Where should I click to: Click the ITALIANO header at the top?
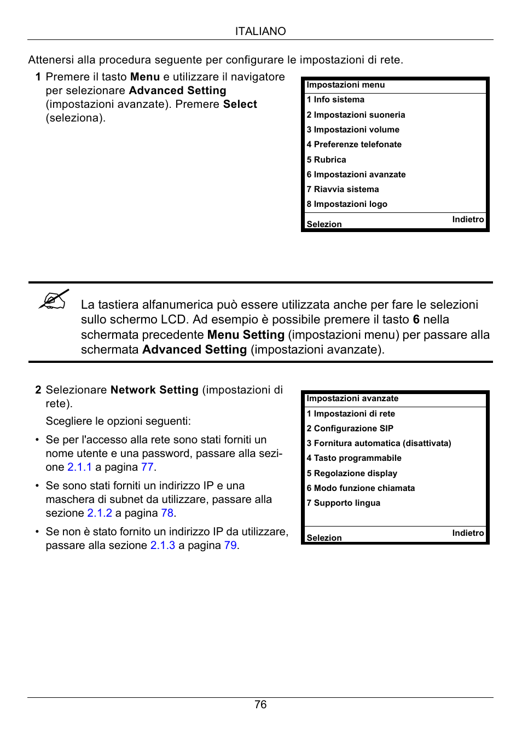[x=260, y=31]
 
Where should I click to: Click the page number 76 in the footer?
[x=260, y=704]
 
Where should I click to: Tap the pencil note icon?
[x=54, y=299]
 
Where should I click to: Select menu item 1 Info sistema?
[x=335, y=100]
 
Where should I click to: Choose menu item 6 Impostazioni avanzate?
[x=356, y=175]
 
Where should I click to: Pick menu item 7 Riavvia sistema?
[x=343, y=189]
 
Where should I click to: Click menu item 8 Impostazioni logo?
[x=347, y=204]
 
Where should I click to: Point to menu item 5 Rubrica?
[x=326, y=160]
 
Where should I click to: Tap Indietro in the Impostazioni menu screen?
[x=468, y=219]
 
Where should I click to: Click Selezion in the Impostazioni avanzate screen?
[x=324, y=537]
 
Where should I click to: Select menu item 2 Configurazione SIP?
[x=350, y=429]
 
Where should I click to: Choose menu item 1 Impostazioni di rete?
[x=351, y=414]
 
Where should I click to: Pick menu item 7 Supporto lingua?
[x=343, y=503]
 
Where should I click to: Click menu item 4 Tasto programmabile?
[x=354, y=458]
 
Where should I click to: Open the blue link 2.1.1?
[x=79, y=467]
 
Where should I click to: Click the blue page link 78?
[x=167, y=513]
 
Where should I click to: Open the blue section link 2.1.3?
[x=163, y=545]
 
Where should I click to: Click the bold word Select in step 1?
[x=240, y=104]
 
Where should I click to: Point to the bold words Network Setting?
[x=154, y=390]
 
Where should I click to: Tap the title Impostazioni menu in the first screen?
[x=345, y=85]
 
